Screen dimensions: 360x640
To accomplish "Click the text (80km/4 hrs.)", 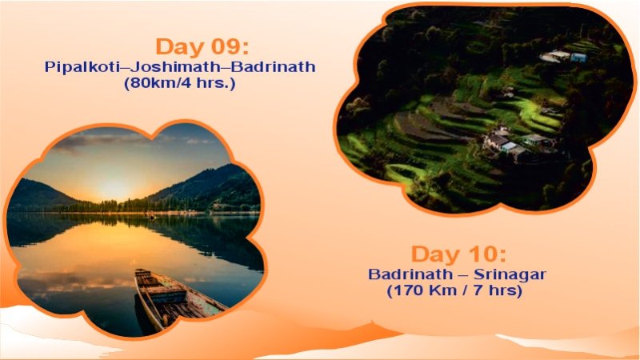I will (x=180, y=82).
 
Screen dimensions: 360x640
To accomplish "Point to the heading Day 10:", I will (x=458, y=254).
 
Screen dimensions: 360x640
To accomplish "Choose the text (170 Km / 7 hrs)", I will (x=454, y=290).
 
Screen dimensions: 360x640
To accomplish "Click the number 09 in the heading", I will (x=237, y=46).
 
